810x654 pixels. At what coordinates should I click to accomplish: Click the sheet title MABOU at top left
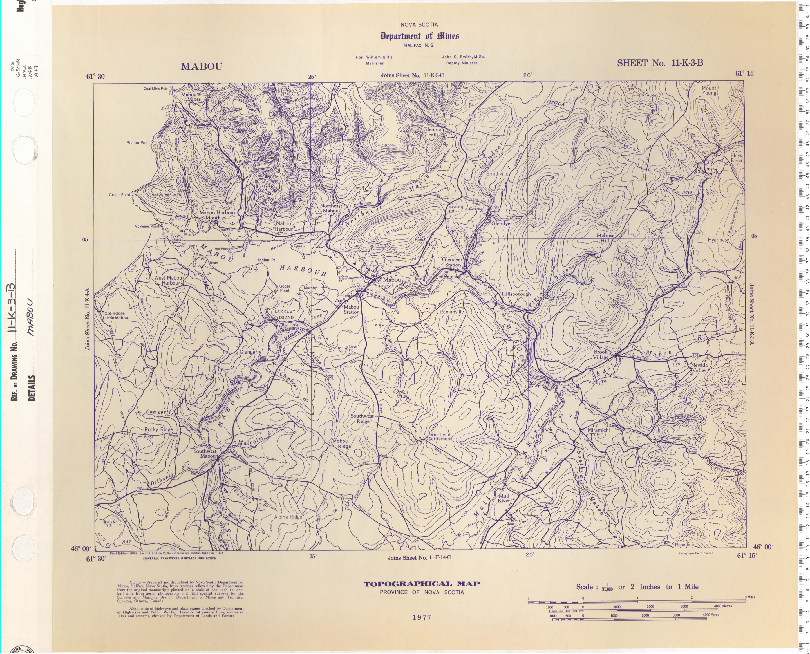202,66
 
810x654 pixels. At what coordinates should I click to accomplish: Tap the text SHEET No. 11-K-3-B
660,63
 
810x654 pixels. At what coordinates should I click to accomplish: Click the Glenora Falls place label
433,132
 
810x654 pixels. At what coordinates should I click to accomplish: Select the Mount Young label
709,90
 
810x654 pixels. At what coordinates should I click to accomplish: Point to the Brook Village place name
601,355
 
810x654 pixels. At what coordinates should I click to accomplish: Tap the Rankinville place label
452,312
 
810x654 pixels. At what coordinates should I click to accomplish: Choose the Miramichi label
599,430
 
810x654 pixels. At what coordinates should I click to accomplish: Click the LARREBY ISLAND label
285,314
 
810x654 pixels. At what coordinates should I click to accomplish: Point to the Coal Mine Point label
156,89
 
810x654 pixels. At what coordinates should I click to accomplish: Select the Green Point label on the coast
119,195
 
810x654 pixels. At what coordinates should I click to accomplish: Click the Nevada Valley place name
699,368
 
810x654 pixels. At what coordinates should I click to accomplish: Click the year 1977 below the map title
422,617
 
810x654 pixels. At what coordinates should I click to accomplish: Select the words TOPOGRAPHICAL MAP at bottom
422,584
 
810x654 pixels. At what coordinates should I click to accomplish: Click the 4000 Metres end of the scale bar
722,606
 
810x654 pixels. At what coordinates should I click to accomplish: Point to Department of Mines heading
419,36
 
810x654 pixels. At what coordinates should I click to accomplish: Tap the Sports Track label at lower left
108,523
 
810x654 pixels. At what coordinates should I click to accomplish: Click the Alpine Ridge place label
288,517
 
